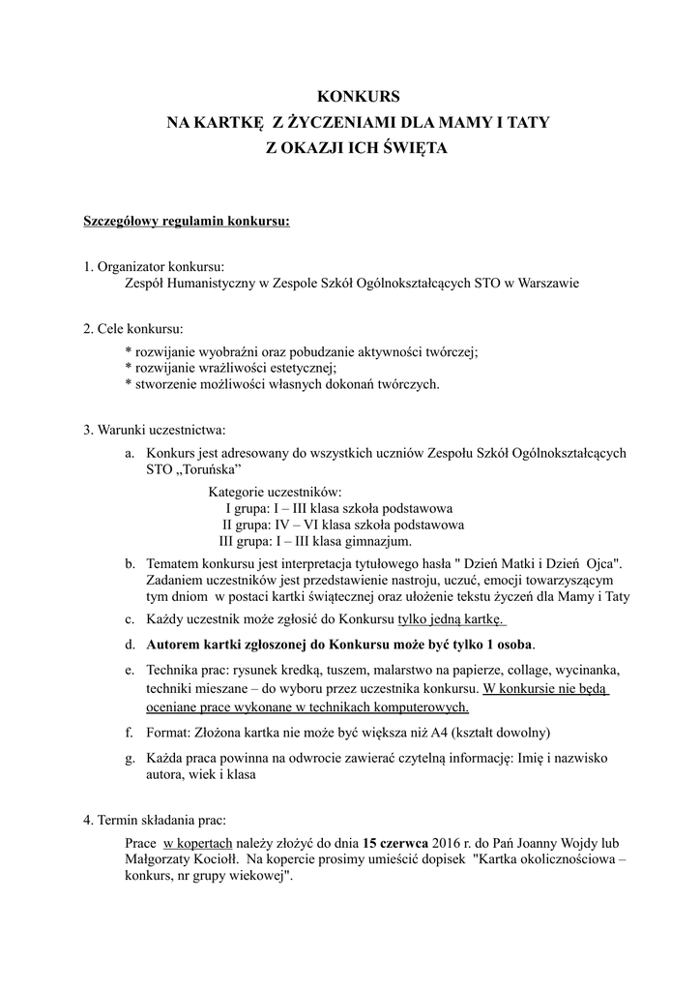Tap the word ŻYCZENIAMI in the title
pos(353,123)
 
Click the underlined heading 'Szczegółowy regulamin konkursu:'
pos(187,222)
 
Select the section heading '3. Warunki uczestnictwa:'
pos(155,429)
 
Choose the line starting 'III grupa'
pos(316,541)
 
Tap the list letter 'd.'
pos(130,644)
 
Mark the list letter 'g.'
pos(130,758)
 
